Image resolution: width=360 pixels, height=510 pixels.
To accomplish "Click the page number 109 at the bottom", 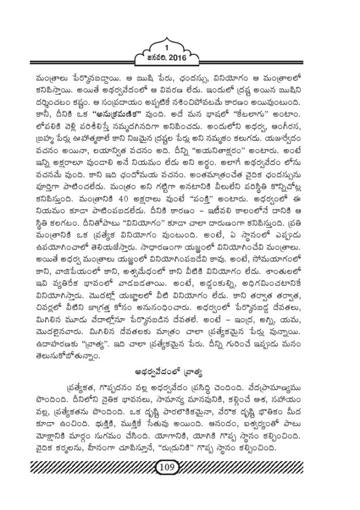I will (x=179, y=467).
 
